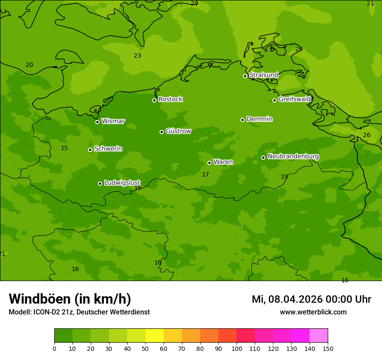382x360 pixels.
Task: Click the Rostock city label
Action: coord(170,99)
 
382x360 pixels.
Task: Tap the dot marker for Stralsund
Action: coord(245,76)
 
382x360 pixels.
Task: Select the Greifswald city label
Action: coord(294,99)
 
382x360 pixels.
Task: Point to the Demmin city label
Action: coord(259,119)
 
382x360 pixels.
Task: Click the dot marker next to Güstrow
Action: coord(161,132)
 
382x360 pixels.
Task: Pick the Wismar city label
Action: coord(113,121)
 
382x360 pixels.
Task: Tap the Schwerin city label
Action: coord(108,149)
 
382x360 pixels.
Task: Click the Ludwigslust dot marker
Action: coord(100,183)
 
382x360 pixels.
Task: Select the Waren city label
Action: coord(223,162)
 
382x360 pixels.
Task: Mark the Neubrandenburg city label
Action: coord(293,156)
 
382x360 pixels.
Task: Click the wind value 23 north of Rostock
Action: coord(137,56)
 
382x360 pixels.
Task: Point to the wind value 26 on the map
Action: coord(366,135)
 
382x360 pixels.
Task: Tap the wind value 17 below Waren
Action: coord(205,174)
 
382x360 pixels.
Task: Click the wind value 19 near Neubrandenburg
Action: coord(284,177)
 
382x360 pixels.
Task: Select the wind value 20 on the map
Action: coord(29,65)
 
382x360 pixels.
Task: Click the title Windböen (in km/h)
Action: coord(70,299)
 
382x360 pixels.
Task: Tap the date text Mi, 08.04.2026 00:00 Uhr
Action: coord(311,299)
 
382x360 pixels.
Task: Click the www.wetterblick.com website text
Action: coord(313,312)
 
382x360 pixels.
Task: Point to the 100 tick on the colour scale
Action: coord(237,348)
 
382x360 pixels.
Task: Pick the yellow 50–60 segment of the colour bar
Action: coord(155,335)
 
